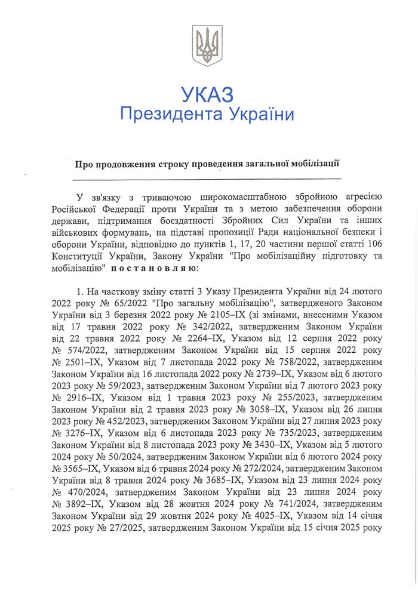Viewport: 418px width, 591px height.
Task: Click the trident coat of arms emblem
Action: [207, 45]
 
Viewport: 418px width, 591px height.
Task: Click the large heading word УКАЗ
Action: [207, 94]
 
